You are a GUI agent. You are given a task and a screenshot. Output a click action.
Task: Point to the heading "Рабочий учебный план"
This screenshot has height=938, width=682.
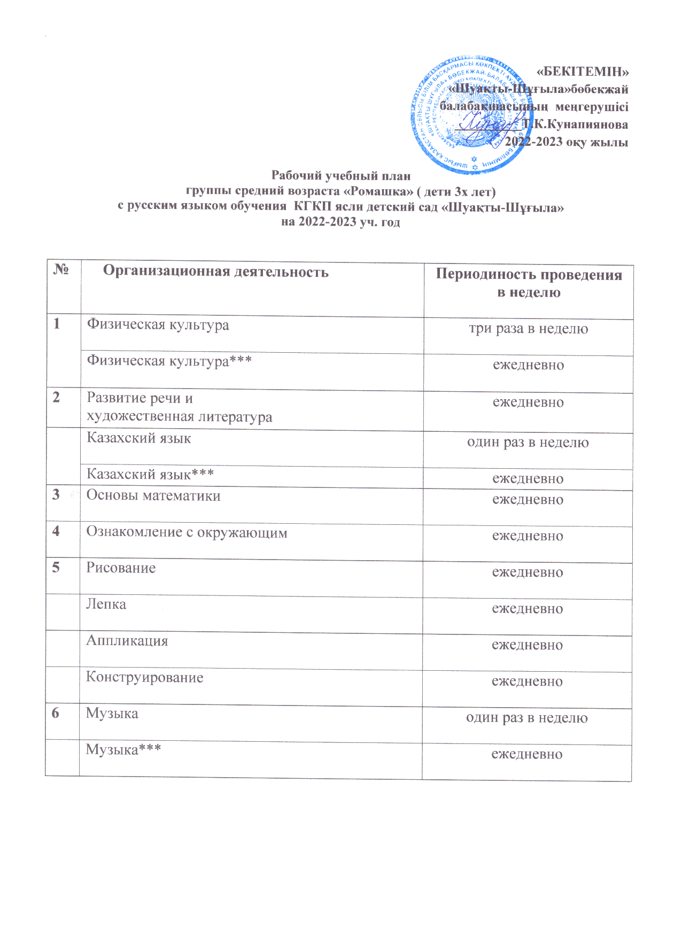(x=341, y=175)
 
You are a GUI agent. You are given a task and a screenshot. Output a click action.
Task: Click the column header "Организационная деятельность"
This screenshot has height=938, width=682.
(x=215, y=272)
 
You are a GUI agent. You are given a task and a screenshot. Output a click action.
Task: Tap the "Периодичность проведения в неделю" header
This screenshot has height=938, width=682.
(x=529, y=283)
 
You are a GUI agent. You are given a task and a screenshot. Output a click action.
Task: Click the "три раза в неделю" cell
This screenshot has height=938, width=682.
(x=529, y=329)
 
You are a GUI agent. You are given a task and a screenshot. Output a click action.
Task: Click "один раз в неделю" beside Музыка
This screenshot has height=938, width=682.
(x=527, y=718)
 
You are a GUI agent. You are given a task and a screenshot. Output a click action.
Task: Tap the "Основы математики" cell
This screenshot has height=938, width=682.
(x=153, y=496)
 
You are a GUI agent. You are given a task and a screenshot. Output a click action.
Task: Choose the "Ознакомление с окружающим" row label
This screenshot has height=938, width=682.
(x=187, y=533)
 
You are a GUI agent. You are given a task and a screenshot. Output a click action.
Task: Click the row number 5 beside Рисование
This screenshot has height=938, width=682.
(x=56, y=567)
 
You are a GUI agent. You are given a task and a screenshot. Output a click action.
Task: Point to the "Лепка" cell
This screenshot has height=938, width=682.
(x=106, y=604)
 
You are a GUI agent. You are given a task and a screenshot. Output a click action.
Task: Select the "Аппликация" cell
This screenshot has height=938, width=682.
(x=127, y=641)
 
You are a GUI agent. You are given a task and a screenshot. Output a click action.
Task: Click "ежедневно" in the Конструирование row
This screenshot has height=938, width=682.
(x=527, y=681)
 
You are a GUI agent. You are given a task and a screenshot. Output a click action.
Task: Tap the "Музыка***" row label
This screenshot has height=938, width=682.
(x=123, y=750)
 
